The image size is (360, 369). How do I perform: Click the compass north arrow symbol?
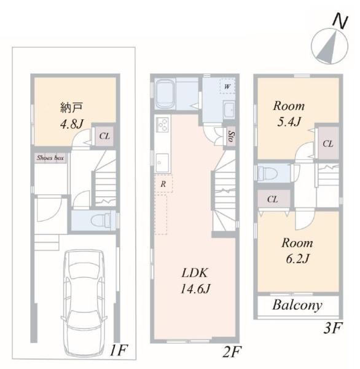coord(329,46)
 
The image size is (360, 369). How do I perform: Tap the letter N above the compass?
coord(340,21)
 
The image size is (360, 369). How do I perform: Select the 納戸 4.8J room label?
coord(71,116)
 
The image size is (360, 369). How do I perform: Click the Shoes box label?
coord(50,157)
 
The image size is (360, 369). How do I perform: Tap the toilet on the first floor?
coord(101,220)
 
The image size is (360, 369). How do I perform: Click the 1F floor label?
coord(119,350)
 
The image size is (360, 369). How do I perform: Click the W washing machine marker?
coord(227,86)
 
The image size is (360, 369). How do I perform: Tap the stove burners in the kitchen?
coord(162,125)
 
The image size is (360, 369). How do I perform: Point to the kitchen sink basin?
coord(162,163)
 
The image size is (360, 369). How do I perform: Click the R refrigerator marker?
coord(163,184)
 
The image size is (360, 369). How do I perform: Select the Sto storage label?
coord(231,137)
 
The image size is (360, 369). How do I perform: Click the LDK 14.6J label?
coord(195,280)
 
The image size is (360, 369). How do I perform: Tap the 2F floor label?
coord(232,352)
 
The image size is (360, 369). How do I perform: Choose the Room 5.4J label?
coord(289,114)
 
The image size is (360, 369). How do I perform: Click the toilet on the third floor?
coord(268,173)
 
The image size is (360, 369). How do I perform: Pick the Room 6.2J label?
coord(297,251)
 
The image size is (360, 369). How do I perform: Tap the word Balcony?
coord(297,306)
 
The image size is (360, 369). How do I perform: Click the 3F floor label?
coord(332,328)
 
